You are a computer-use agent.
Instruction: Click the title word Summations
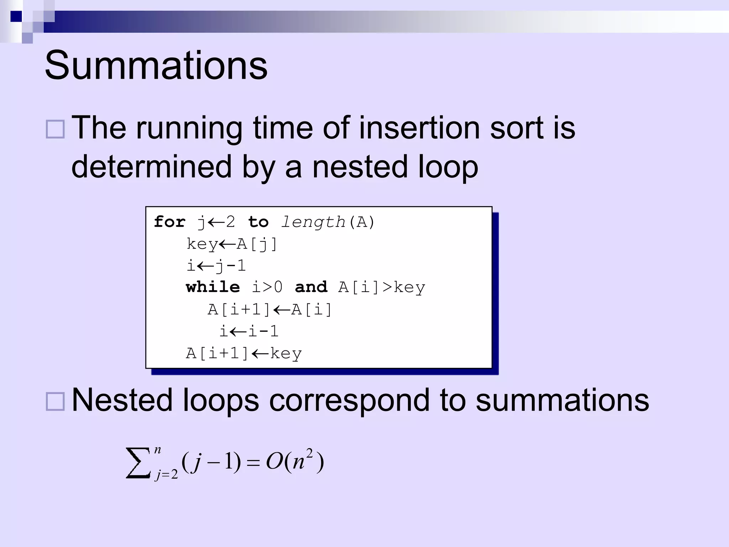pos(156,66)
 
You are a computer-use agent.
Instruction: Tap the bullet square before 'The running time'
pos(55,129)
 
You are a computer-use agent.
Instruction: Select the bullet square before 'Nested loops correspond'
pos(55,402)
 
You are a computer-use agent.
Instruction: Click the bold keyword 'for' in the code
pos(169,222)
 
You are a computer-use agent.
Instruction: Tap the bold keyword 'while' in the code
pos(213,287)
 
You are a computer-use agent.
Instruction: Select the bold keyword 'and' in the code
pos(311,287)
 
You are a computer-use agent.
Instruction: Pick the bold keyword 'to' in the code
pos(258,222)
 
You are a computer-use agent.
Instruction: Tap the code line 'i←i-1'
pos(248,332)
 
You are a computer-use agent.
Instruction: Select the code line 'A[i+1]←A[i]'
pos(269,309)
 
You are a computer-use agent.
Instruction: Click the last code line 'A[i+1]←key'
pos(244,354)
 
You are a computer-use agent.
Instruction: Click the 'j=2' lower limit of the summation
pos(166,475)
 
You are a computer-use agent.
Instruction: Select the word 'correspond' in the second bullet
pos(349,401)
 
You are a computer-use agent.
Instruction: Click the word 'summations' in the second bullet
pos(562,401)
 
